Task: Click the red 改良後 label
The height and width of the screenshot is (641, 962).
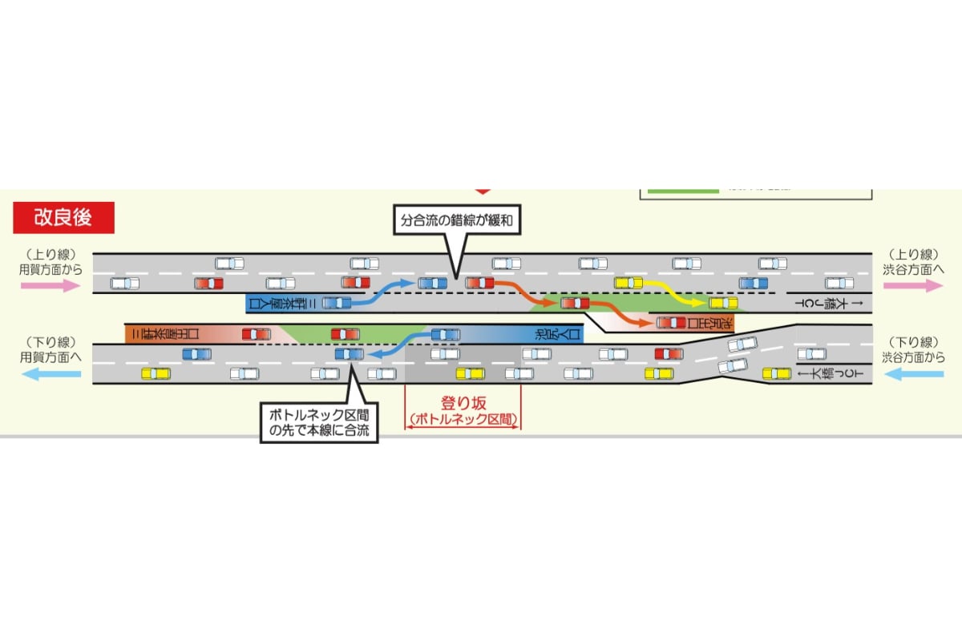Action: click(63, 217)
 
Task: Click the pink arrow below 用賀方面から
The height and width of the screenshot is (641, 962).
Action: click(51, 286)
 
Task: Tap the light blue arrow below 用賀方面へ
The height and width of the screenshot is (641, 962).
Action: click(51, 373)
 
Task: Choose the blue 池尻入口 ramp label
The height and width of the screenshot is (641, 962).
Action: click(553, 333)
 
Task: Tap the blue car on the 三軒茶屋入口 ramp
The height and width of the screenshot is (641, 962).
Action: click(337, 303)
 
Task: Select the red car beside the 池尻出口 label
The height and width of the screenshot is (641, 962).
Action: click(671, 323)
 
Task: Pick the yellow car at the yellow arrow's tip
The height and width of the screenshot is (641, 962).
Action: click(722, 303)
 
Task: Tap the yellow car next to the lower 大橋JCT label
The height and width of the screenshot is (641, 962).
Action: click(776, 373)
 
